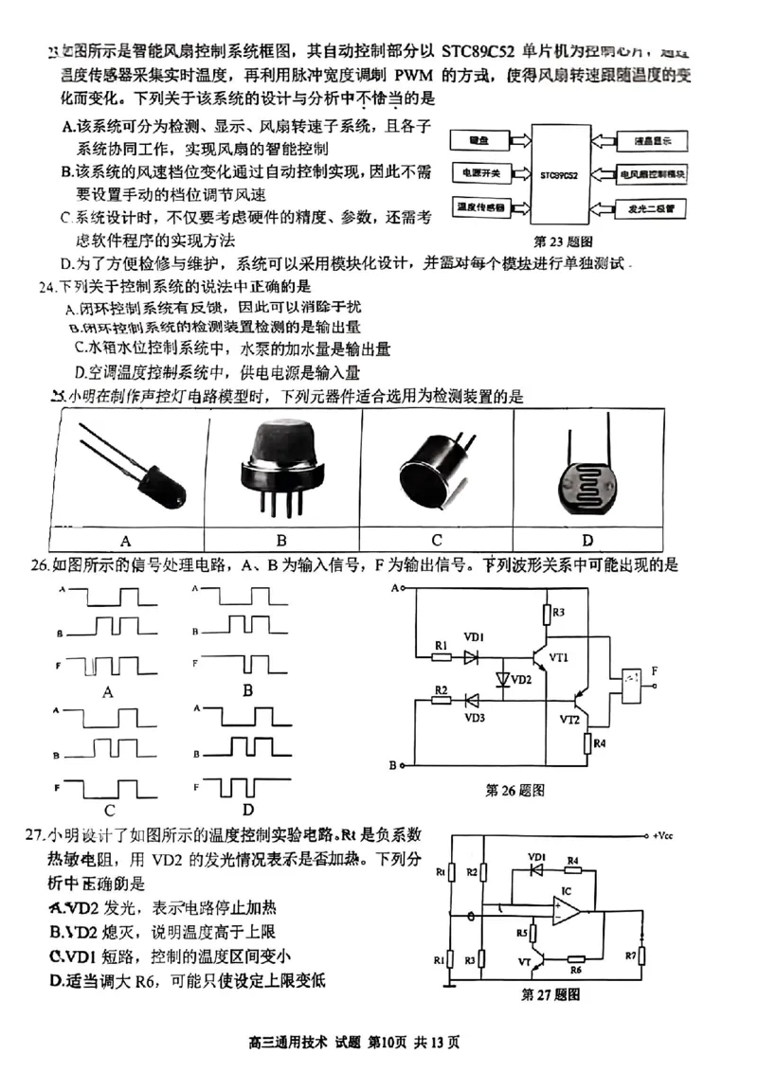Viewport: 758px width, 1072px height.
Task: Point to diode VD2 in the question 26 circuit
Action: pos(502,679)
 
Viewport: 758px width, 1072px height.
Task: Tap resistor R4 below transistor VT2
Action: pos(587,742)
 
